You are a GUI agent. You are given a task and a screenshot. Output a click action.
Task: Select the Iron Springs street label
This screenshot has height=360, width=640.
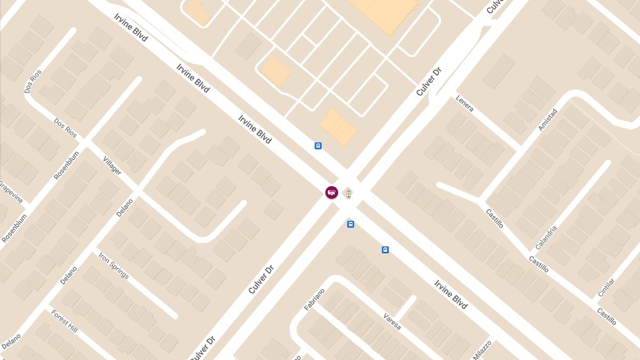114,265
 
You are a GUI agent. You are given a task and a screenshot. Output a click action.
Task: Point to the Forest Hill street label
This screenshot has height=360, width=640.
65,321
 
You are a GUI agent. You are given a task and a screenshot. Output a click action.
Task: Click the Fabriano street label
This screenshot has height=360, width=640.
314,299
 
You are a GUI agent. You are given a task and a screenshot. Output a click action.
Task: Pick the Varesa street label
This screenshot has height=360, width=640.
392,321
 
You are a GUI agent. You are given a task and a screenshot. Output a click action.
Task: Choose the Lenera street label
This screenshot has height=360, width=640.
465,103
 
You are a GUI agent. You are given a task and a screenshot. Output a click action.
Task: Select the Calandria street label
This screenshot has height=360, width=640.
546,237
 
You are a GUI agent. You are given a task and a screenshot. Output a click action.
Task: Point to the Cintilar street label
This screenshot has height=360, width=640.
606,287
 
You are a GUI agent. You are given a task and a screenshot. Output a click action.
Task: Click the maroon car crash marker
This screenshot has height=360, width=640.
332,193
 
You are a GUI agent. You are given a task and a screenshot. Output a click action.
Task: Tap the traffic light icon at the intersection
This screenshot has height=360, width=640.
348,193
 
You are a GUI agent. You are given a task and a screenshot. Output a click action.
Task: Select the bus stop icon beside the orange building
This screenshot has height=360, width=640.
318,146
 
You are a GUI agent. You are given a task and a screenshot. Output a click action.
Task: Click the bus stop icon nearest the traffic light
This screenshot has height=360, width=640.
350,224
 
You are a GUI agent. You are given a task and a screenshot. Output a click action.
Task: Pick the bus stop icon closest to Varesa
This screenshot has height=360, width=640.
385,250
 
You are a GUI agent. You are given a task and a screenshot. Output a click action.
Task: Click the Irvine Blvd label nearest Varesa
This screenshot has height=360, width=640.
451,294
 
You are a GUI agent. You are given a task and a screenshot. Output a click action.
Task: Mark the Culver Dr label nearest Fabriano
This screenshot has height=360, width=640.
261,279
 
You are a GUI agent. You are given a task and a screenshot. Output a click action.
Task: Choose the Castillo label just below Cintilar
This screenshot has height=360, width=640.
606,316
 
